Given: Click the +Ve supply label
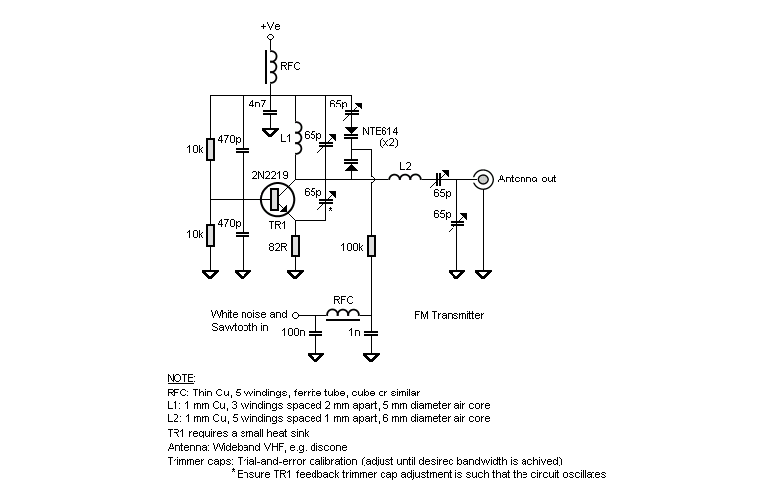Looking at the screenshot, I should coord(270,24).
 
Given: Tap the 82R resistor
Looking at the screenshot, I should coord(295,243).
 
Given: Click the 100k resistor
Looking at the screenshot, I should coord(371,244).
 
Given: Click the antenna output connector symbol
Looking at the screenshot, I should coord(483,179).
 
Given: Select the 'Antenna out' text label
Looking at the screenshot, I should coord(526,179).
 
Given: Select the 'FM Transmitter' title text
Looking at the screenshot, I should coord(450,316).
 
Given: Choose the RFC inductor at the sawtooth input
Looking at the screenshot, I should coord(342,316).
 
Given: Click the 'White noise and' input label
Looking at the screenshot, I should coord(248,314).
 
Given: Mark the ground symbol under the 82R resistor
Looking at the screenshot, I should coord(295,272).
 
